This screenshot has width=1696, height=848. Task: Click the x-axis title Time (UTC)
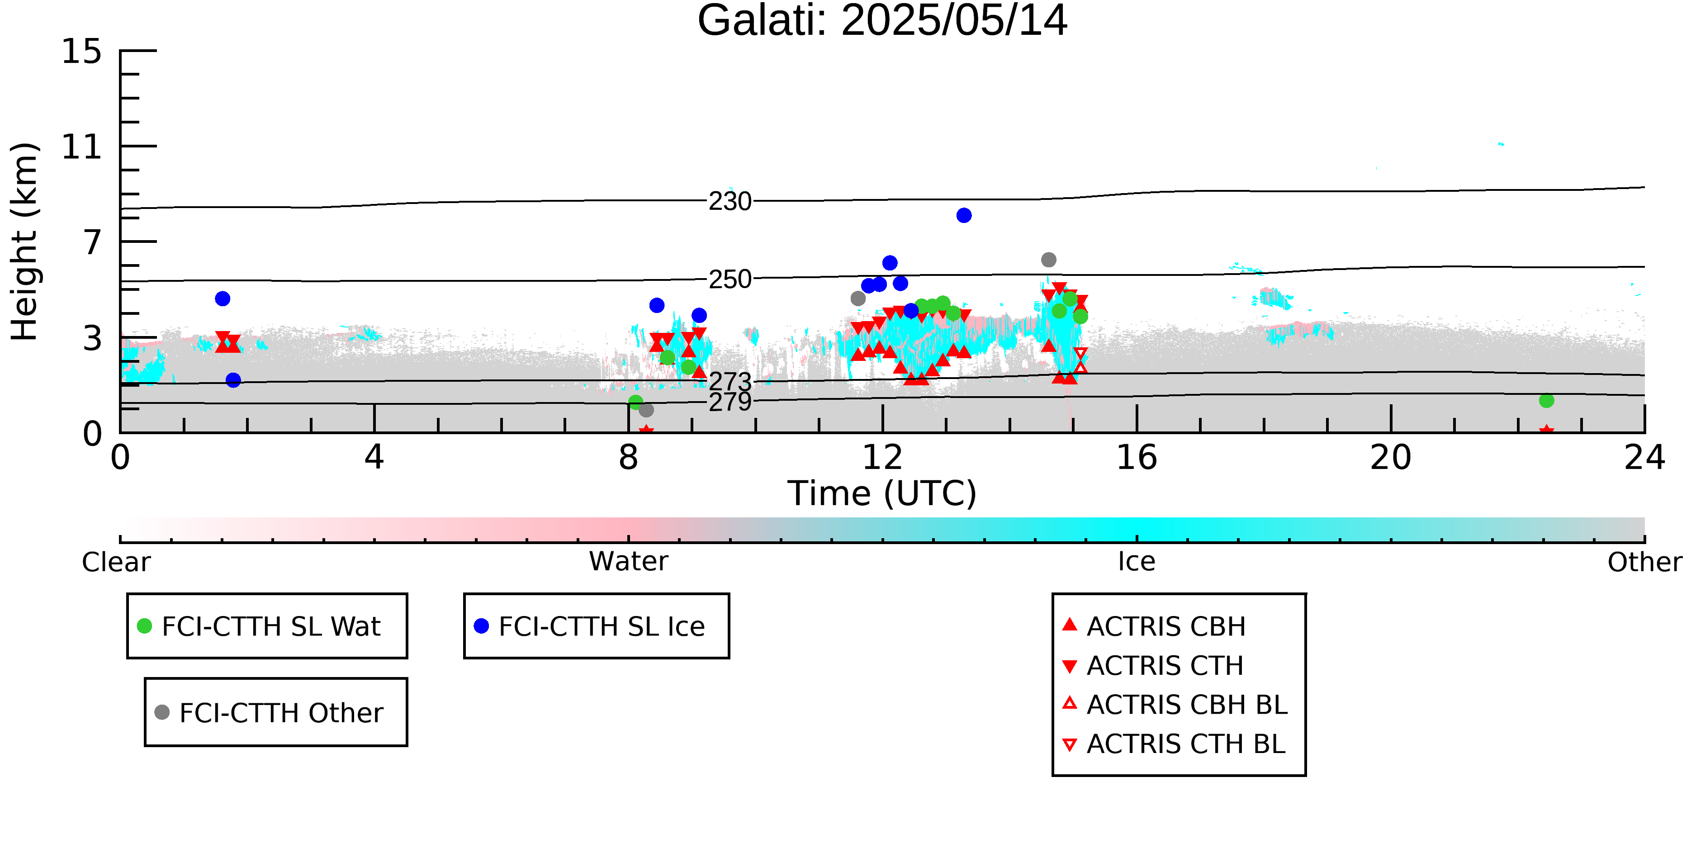(882, 494)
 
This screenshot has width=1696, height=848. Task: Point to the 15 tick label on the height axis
(82, 52)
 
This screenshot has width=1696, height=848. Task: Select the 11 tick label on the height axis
(82, 147)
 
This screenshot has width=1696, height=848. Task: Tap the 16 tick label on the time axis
(1137, 458)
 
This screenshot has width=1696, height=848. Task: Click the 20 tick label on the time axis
(1391, 458)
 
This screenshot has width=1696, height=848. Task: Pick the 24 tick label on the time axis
(1644, 458)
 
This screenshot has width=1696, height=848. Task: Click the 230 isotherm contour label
(730, 201)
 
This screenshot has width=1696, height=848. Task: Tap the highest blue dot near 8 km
(964, 215)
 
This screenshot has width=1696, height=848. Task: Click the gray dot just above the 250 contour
(1049, 260)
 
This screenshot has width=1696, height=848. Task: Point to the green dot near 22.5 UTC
(1547, 400)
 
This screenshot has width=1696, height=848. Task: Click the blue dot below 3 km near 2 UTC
(233, 380)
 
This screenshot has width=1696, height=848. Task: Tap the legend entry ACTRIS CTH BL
(1174, 744)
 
